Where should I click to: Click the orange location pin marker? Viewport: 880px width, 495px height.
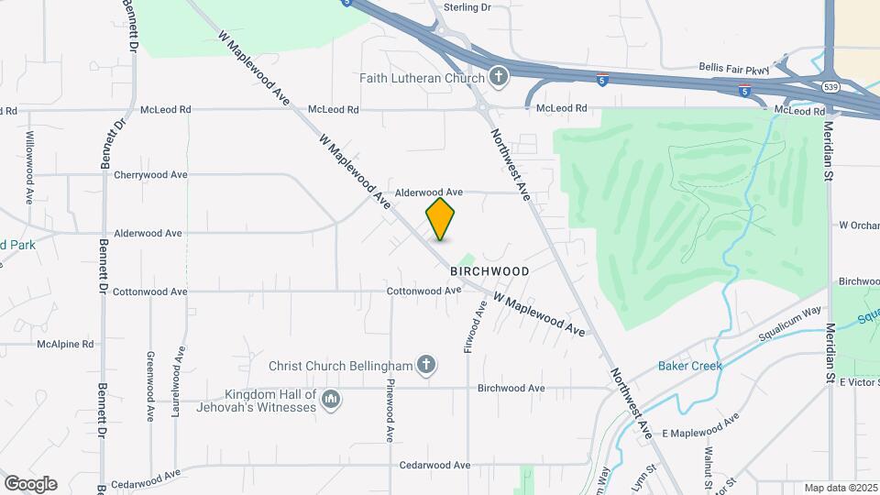tap(440, 219)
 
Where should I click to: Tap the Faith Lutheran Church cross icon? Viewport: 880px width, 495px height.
tap(498, 77)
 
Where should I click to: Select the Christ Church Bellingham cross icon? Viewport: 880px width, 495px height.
tap(424, 366)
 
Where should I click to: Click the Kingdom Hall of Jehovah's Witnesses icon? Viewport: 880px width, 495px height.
tap(332, 400)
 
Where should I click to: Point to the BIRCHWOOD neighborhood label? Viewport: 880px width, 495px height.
tap(489, 272)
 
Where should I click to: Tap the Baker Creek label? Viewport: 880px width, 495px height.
tap(690, 366)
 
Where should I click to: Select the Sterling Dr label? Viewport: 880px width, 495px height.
tap(467, 7)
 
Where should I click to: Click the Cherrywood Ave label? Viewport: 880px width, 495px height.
tap(150, 174)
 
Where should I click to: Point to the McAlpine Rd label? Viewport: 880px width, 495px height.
tap(65, 345)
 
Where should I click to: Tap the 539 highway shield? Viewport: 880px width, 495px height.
tap(830, 87)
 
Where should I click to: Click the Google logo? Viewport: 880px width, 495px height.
tap(30, 484)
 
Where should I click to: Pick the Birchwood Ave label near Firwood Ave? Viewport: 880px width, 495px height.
tap(511, 389)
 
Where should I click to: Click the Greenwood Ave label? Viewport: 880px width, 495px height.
tap(150, 385)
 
